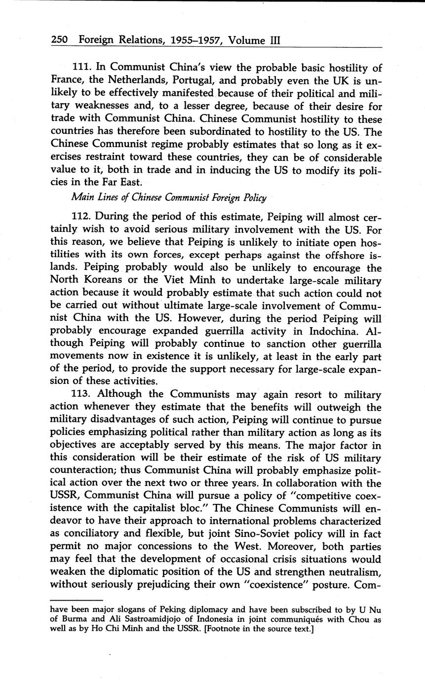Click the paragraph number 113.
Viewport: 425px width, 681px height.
coord(81,394)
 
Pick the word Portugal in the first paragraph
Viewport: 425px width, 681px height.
coord(192,80)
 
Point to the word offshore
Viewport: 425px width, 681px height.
coord(333,255)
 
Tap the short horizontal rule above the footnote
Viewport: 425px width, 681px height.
coord(70,600)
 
